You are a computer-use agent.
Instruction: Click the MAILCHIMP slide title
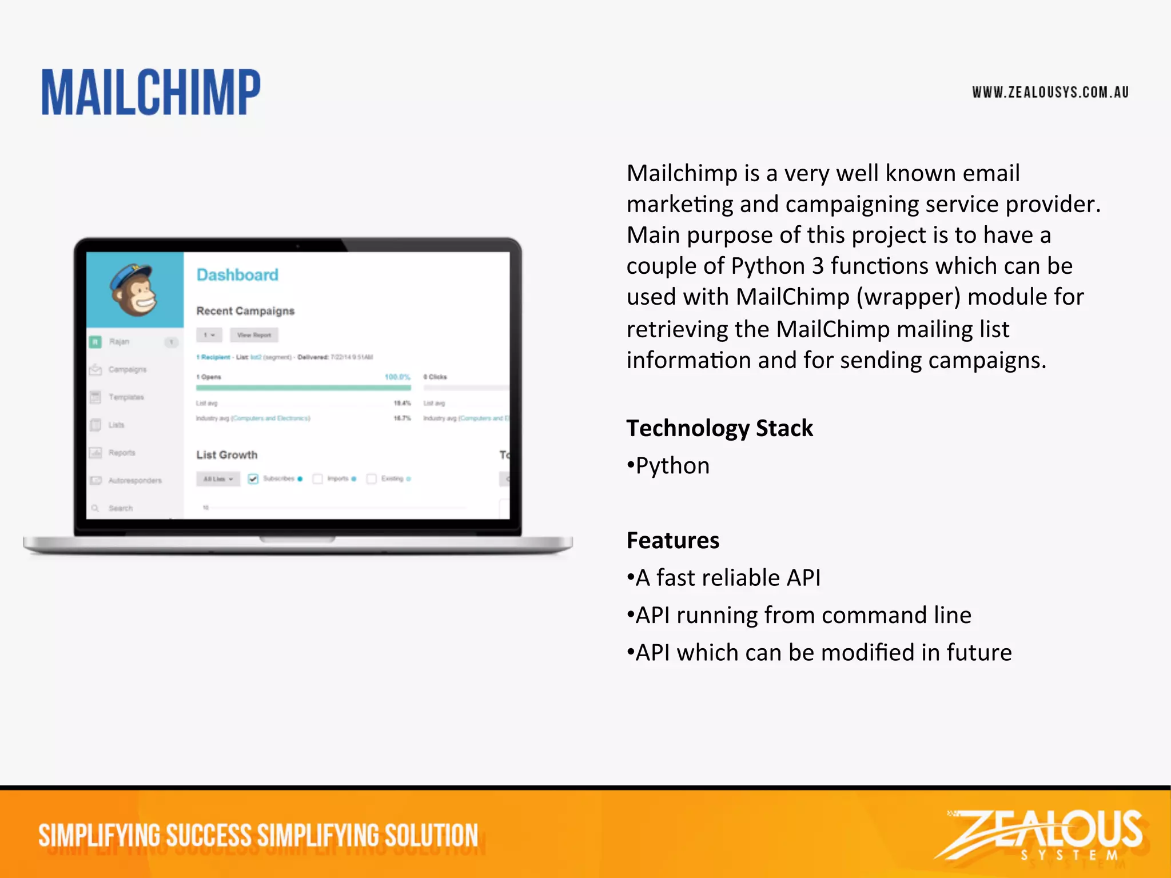[151, 93]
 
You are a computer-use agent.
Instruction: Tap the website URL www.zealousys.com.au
[1050, 93]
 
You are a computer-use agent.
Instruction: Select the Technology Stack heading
[719, 428]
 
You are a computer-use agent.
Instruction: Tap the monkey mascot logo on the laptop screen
[134, 290]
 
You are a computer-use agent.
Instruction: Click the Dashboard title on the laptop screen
[237, 275]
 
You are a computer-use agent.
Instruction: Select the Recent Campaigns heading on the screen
[245, 311]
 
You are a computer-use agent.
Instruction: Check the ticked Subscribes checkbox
[253, 478]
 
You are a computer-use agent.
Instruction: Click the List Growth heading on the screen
[227, 455]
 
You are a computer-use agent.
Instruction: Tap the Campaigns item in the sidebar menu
[127, 370]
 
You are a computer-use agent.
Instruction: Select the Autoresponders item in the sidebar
[135, 481]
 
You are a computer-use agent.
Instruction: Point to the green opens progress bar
[303, 388]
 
